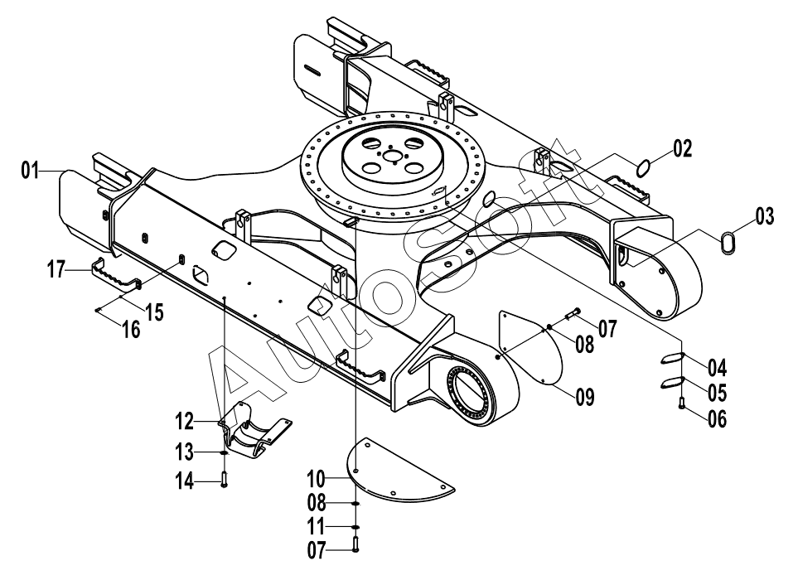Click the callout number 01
coord(30,171)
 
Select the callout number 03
coord(764,216)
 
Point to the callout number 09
coord(585,396)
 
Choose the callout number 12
coord(184,422)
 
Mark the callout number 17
coord(57,269)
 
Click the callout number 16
coord(131,329)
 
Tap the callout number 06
coord(717,419)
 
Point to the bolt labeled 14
coord(224,479)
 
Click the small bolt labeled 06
coord(681,403)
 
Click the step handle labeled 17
coord(116,276)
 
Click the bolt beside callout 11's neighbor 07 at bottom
coord(355,544)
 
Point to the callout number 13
coord(184,452)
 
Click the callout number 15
coord(154,312)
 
